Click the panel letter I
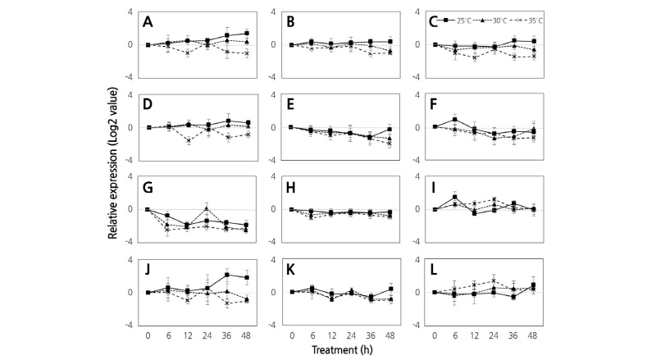pyautogui.click(x=440, y=187)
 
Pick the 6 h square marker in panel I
pyautogui.click(x=455, y=198)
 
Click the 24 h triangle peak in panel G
pyautogui.click(x=207, y=207)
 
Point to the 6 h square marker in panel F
pyautogui.click(x=455, y=120)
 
